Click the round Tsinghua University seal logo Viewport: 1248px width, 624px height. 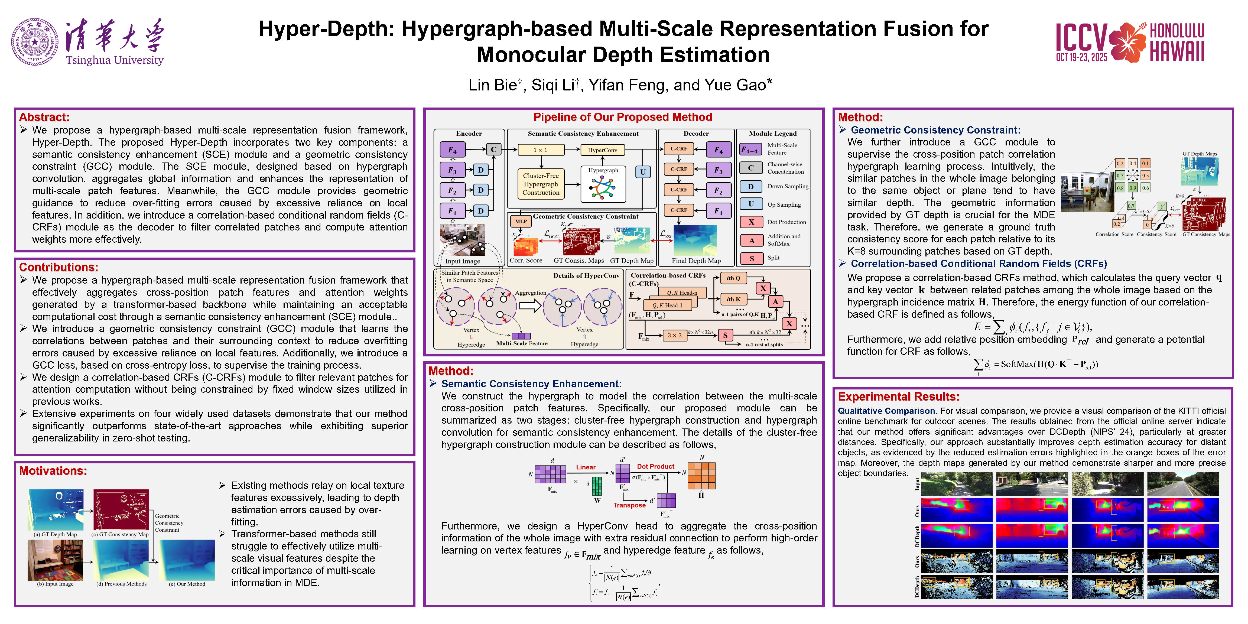click(35, 42)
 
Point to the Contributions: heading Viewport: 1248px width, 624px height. click(58, 267)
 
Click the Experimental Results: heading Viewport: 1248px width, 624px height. click(898, 397)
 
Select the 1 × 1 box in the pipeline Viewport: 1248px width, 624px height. click(540, 150)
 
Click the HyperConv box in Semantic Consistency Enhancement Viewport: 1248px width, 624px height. click(602, 150)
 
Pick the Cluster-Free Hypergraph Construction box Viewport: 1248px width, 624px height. click(540, 184)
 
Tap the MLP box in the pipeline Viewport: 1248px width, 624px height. click(521, 221)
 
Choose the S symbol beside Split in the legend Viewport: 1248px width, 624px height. click(751, 258)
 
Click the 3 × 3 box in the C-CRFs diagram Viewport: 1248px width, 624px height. click(674, 335)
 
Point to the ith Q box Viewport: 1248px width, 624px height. click(733, 278)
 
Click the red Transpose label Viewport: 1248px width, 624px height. click(629, 505)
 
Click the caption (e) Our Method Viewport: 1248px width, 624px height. click(187, 584)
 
